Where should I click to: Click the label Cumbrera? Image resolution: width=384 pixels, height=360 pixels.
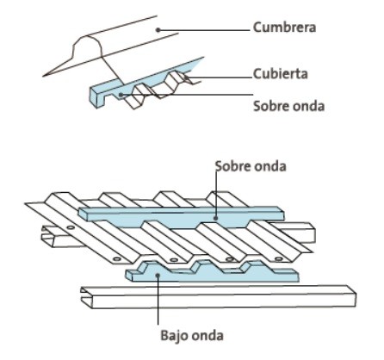tap(284, 28)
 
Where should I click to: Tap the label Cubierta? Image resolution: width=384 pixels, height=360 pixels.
tap(281, 74)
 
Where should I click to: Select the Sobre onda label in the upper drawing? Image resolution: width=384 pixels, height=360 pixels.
tap(289, 106)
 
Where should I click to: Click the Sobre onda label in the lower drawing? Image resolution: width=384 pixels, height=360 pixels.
tap(251, 166)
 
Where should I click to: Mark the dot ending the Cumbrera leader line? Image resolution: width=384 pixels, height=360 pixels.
tap(158, 29)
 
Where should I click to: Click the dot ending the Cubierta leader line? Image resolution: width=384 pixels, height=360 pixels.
tap(186, 77)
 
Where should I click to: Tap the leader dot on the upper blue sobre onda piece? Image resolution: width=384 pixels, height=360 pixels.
tap(121, 94)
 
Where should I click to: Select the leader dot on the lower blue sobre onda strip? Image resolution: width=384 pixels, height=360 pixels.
tap(216, 218)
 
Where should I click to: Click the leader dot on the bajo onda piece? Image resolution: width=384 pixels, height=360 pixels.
tap(158, 275)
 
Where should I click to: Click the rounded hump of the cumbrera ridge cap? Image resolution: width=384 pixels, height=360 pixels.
tap(87, 44)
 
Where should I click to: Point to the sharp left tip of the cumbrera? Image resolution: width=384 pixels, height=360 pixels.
tap(43, 76)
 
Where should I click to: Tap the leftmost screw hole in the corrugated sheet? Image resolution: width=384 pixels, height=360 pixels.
tap(71, 227)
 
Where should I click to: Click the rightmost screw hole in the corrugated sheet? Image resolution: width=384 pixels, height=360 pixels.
tap(279, 259)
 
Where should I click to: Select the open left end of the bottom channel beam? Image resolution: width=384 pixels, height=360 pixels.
tap(86, 297)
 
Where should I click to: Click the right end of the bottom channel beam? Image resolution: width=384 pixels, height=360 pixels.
tap(352, 296)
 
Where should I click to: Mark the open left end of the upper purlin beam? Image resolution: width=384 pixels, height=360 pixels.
tap(48, 236)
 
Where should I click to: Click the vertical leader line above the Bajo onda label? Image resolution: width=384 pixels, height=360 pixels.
tap(158, 300)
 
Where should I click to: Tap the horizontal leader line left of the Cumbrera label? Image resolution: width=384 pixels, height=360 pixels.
tap(204, 30)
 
